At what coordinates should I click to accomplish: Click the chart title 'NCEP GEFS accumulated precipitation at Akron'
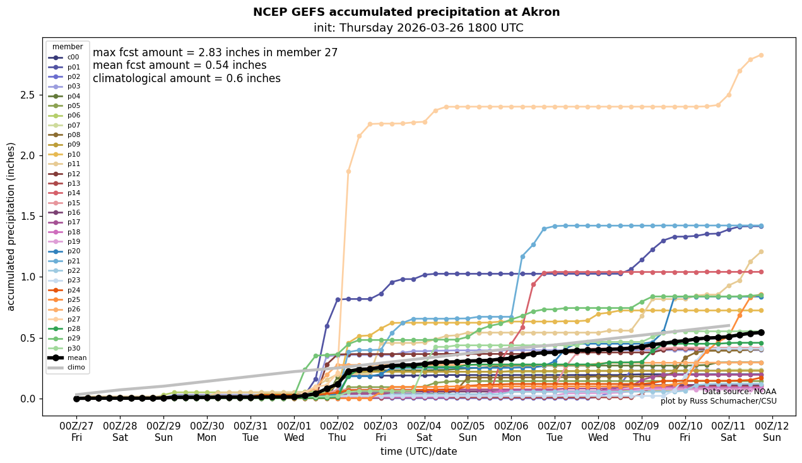406,12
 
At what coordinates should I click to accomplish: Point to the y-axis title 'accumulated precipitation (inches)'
11,226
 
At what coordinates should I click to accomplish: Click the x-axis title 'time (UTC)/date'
418,452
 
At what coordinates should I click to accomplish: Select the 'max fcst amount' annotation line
215,53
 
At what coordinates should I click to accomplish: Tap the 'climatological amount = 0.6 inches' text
187,79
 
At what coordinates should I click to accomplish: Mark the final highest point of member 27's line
761,55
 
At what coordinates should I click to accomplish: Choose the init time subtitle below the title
418,28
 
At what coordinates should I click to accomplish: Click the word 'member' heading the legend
68,47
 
